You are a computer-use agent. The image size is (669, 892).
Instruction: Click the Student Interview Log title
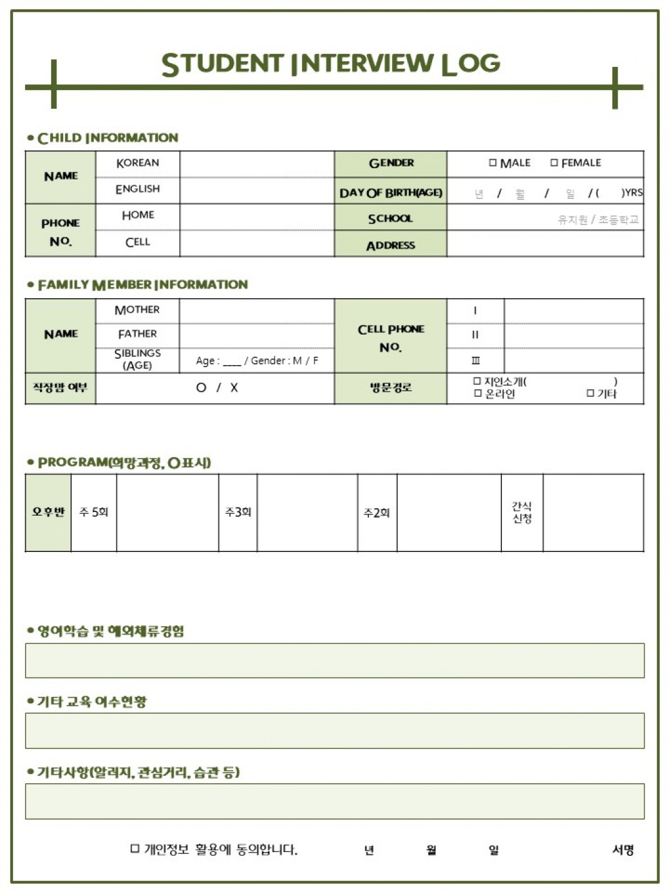[331, 63]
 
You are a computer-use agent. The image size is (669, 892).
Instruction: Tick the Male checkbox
[493, 163]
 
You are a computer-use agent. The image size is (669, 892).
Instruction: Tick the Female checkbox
[554, 163]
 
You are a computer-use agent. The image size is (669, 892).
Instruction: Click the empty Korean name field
[256, 164]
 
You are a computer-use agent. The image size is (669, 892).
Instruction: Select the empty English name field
[256, 190]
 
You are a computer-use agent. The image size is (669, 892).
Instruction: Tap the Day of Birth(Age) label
[391, 193]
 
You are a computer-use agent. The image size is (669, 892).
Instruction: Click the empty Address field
[545, 244]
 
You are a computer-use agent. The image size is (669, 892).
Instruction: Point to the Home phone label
[138, 216]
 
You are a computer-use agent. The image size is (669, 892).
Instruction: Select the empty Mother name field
[256, 311]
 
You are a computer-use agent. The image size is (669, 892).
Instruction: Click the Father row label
[138, 334]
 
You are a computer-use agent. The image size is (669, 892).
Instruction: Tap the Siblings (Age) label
[138, 359]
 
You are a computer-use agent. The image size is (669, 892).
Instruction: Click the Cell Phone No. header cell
[391, 337]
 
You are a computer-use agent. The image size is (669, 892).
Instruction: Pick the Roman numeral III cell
[476, 361]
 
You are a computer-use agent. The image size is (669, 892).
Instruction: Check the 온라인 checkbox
[478, 394]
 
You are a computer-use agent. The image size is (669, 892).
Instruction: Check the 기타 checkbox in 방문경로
[590, 394]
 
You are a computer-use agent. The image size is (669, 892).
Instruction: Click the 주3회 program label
[238, 513]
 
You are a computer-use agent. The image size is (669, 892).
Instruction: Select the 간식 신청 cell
[522, 513]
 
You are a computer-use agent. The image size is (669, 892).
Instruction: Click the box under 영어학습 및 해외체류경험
[334, 661]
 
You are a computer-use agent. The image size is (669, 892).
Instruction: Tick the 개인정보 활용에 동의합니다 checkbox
[135, 848]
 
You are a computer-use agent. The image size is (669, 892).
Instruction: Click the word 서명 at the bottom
[623, 850]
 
